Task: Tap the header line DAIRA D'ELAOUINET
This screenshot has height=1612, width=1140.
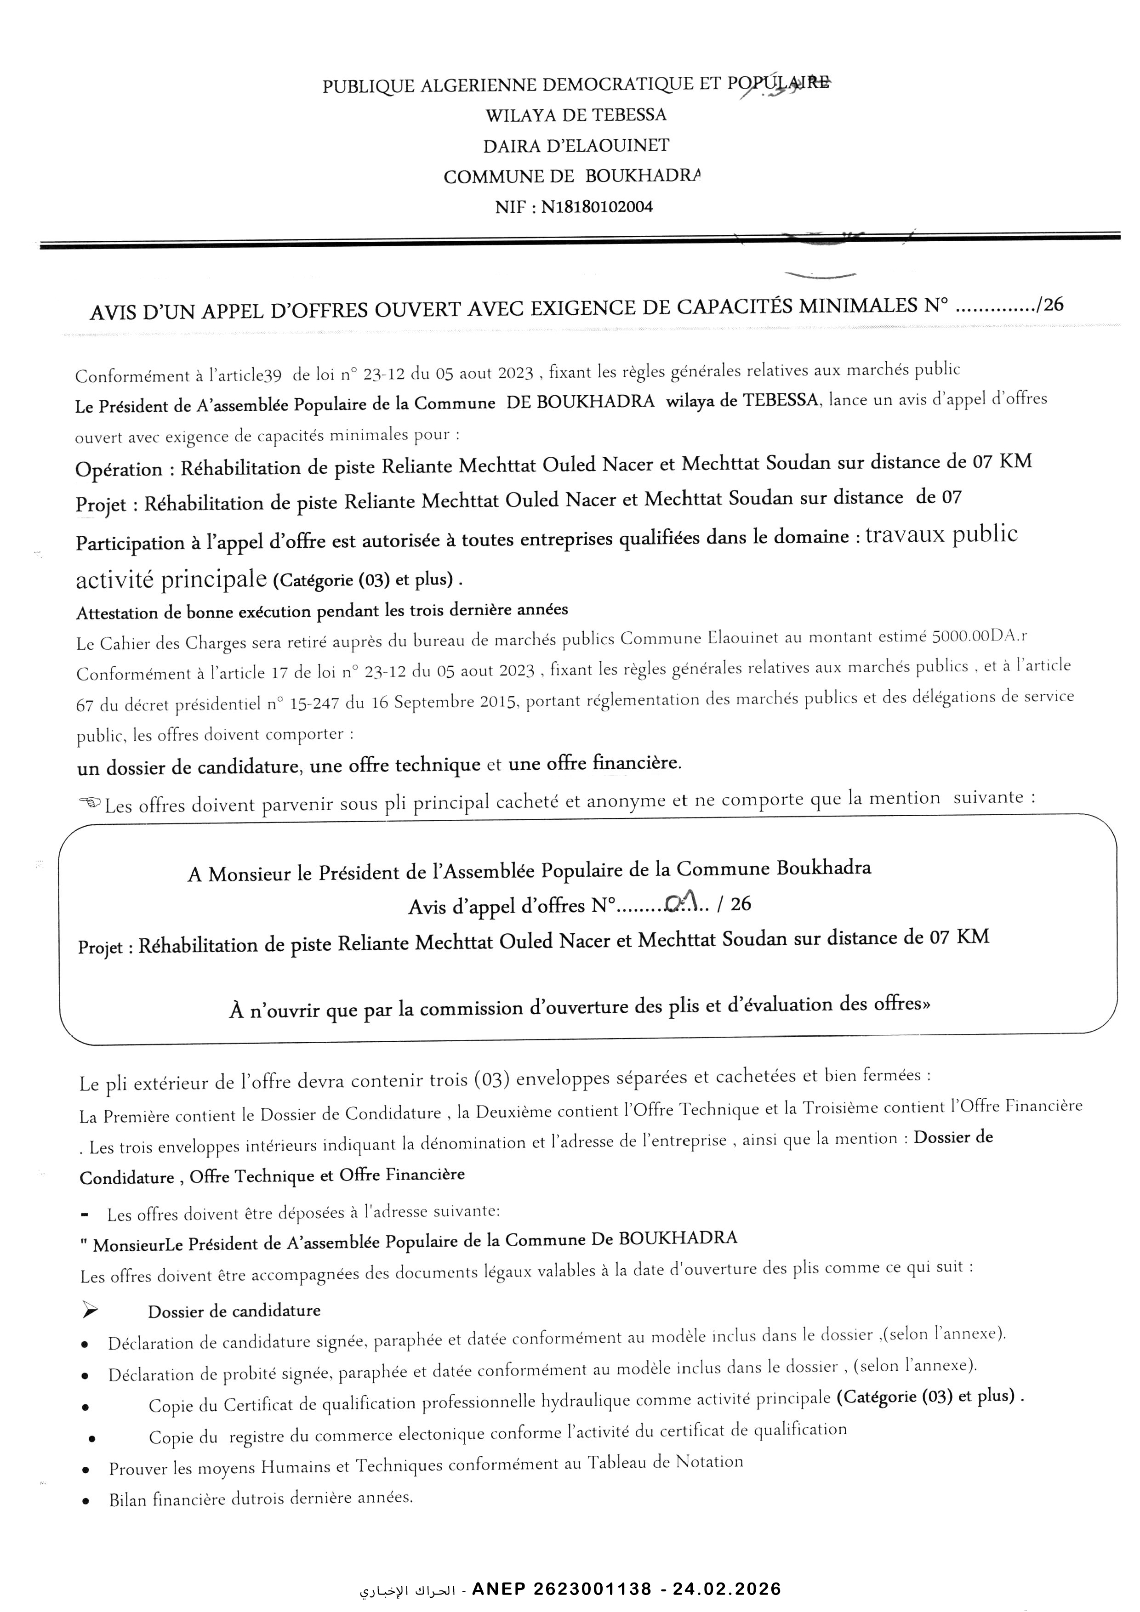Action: click(x=576, y=146)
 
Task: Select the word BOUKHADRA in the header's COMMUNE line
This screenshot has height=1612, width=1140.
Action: click(x=643, y=176)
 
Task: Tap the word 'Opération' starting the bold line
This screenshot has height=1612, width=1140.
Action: click(x=118, y=469)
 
